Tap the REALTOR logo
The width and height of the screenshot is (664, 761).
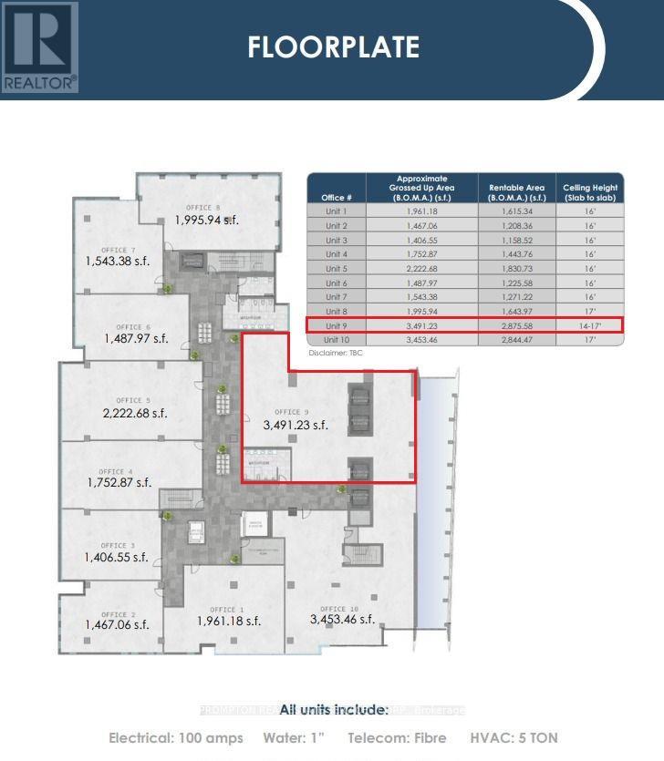pyautogui.click(x=39, y=46)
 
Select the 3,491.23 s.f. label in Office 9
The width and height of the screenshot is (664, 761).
pyautogui.click(x=295, y=424)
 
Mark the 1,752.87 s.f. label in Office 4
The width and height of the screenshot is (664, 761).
pyautogui.click(x=119, y=482)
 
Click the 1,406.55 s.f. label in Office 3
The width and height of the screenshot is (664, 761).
pyautogui.click(x=116, y=557)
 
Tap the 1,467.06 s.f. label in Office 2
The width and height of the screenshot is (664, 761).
pyautogui.click(x=117, y=624)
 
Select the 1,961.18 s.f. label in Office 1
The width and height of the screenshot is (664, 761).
pyautogui.click(x=229, y=621)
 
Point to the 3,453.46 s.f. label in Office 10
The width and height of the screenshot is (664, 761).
pyautogui.click(x=342, y=619)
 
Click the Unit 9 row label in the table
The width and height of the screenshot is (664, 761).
pyautogui.click(x=337, y=324)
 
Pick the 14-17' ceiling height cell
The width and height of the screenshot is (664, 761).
pyautogui.click(x=590, y=324)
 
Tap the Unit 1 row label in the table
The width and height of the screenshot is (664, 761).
pyautogui.click(x=337, y=211)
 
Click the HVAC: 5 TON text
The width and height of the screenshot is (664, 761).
pyautogui.click(x=514, y=737)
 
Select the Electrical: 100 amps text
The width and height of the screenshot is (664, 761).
pyautogui.click(x=176, y=737)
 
